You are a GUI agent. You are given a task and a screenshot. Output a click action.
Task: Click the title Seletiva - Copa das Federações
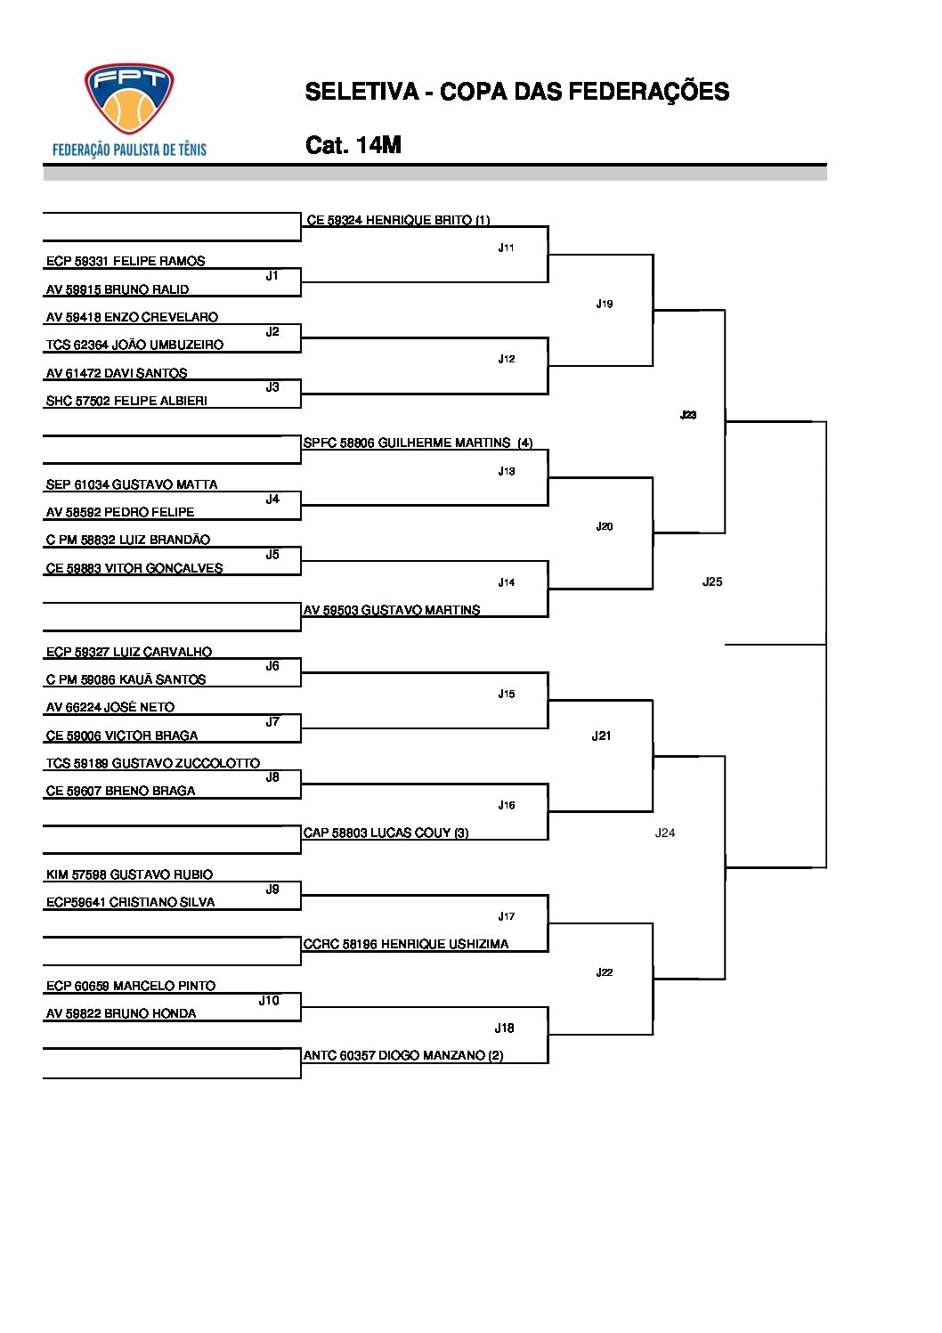tap(516, 92)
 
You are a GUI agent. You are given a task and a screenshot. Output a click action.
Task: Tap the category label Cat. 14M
tap(353, 145)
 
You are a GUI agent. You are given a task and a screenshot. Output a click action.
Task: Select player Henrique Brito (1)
tap(398, 220)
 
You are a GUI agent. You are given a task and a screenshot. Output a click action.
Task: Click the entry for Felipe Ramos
tap(126, 261)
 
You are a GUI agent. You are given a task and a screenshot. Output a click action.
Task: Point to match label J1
tap(272, 276)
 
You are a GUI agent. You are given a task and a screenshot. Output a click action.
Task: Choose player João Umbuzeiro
tap(134, 345)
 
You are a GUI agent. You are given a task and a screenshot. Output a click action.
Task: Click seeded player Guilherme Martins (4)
tap(418, 443)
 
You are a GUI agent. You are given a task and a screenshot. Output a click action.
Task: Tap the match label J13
tap(507, 471)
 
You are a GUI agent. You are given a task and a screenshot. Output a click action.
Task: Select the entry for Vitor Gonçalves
tap(134, 568)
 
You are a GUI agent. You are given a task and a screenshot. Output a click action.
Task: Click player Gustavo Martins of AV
tap(392, 610)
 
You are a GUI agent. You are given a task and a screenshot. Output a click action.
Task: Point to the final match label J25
tap(712, 581)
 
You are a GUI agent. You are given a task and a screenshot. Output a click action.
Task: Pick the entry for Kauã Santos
tap(126, 679)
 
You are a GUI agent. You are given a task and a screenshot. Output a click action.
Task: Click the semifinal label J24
tap(665, 833)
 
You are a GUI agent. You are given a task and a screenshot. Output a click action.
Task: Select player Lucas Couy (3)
tap(386, 833)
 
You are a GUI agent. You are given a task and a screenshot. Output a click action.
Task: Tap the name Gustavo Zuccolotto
tap(153, 763)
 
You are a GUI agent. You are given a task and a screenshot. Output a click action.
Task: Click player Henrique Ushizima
tap(406, 944)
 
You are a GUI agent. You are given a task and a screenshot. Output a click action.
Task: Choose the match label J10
tap(269, 1001)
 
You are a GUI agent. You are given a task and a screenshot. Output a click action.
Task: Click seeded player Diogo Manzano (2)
tap(403, 1055)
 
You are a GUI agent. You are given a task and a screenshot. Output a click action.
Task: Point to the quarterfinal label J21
tap(602, 736)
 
